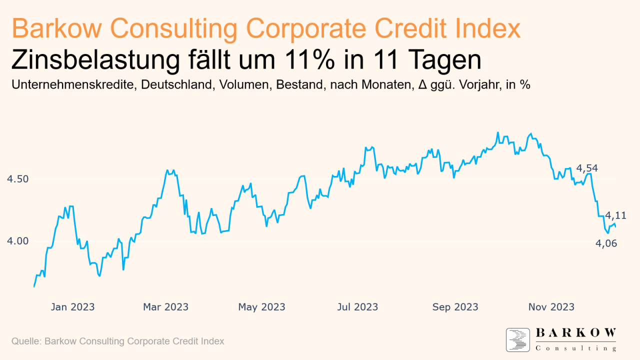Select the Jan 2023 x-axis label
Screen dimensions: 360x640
[x=72, y=306]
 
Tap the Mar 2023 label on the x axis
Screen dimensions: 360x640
[x=166, y=306]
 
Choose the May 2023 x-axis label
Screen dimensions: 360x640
[x=261, y=306]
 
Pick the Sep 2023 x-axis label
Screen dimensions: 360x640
[x=455, y=306]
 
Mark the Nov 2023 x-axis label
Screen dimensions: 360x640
[x=551, y=306]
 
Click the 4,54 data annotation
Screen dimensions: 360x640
[x=587, y=168]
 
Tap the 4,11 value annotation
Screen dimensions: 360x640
[x=615, y=215]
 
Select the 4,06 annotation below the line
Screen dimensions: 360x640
[x=606, y=243]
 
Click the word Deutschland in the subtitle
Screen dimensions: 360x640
[x=178, y=85]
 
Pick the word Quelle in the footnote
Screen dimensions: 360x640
[x=25, y=341]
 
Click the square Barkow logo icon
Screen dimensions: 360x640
[x=518, y=340]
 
